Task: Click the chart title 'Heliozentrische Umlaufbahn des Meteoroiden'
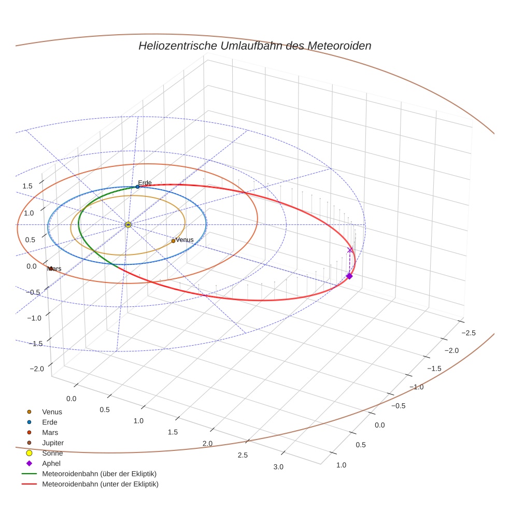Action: click(x=254, y=46)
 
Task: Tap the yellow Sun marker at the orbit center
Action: click(x=128, y=224)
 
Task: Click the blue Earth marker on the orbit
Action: click(x=137, y=187)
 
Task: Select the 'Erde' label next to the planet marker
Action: click(x=145, y=182)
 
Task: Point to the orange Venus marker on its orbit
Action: click(x=173, y=241)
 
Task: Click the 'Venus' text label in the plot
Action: click(x=185, y=240)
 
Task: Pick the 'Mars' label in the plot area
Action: click(x=54, y=269)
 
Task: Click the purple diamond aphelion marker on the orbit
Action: click(x=349, y=276)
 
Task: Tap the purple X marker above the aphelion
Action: click(x=350, y=250)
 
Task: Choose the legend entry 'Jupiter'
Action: click(x=53, y=443)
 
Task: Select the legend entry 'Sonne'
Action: click(x=52, y=454)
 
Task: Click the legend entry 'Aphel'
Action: click(x=51, y=464)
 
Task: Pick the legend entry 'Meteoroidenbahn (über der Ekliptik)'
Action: click(x=100, y=474)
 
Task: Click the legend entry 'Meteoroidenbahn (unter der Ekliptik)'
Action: click(x=100, y=485)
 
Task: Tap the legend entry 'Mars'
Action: click(x=50, y=433)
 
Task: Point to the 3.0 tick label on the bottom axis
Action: click(x=278, y=467)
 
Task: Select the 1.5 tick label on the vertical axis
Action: click(x=27, y=186)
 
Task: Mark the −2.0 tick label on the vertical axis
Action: click(x=37, y=369)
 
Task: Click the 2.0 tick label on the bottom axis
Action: click(x=207, y=444)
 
